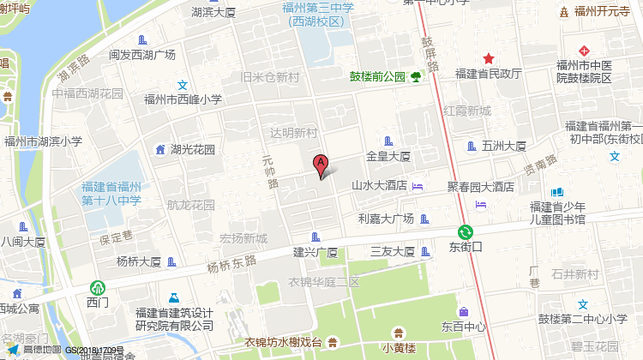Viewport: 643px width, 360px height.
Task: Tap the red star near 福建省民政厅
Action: point(489,58)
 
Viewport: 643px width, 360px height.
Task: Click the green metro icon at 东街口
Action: point(466,231)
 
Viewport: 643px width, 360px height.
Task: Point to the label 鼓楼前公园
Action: point(376,76)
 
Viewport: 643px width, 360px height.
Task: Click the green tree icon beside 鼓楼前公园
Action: point(415,77)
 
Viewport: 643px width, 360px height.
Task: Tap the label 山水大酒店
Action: point(379,185)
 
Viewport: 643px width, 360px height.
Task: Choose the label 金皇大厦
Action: point(388,157)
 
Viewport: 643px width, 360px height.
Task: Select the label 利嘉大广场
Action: point(386,219)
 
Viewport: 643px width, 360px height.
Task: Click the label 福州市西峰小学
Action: point(183,99)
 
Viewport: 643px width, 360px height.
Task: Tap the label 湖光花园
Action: point(192,150)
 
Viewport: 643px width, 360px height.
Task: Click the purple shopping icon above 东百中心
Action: point(464,312)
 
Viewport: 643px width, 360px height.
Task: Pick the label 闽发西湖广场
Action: point(142,55)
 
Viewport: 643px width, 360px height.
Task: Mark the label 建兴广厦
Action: point(315,252)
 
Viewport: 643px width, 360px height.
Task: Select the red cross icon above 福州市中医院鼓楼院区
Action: point(583,51)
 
